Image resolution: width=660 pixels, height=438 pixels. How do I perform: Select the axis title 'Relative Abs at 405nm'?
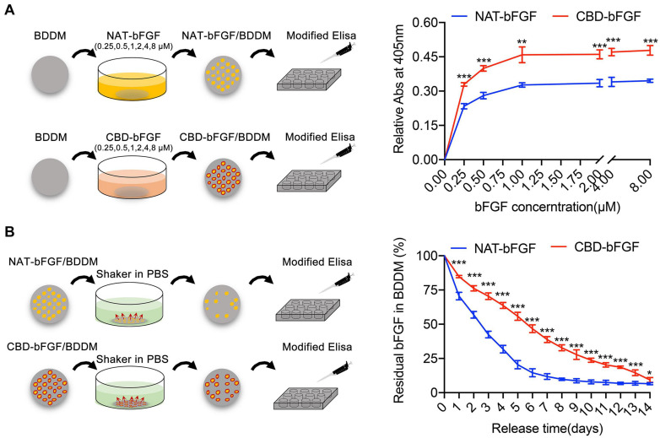pyautogui.click(x=407, y=88)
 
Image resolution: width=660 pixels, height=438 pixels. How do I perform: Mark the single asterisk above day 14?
pyautogui.click(x=648, y=373)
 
